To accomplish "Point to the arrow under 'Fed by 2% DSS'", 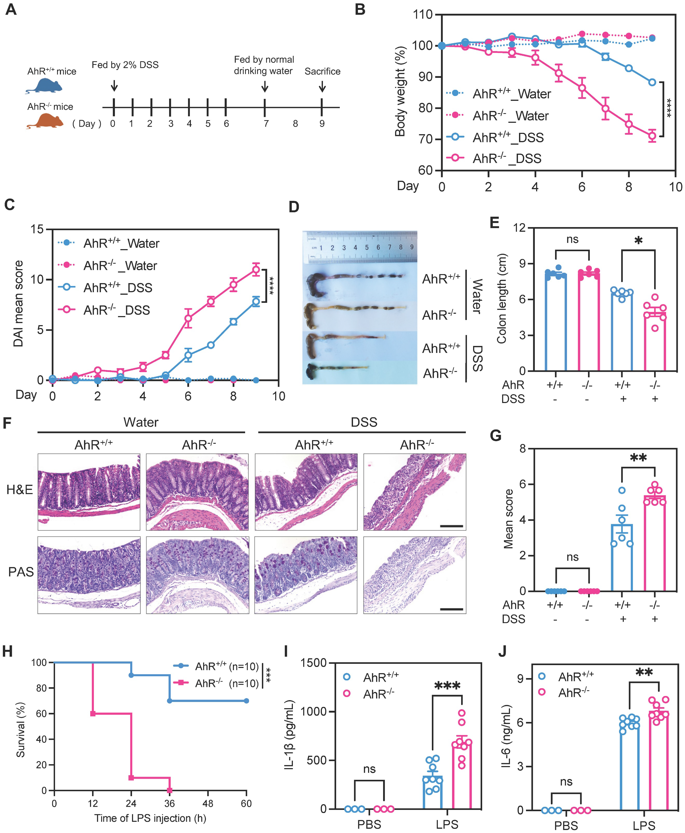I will click(x=114, y=85).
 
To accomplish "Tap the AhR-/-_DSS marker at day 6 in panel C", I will click(x=188, y=318).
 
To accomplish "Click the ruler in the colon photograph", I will click(x=359, y=248).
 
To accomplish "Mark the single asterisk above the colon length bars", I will click(x=638, y=240).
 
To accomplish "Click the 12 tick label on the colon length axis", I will click(x=520, y=228).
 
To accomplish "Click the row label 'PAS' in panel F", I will click(x=20, y=572).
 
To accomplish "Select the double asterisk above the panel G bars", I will click(x=638, y=458).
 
